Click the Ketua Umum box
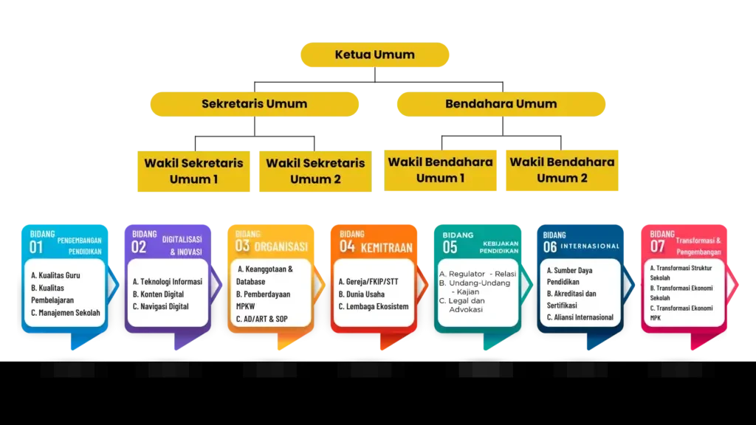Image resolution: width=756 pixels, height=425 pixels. [375, 55]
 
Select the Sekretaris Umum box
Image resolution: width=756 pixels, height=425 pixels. [254, 104]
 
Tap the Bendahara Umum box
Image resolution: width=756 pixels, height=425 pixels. [501, 104]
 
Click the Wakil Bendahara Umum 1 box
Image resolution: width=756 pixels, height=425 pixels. [441, 170]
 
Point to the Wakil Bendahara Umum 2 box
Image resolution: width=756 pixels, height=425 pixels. [563, 170]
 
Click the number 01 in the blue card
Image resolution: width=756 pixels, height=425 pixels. [36, 247]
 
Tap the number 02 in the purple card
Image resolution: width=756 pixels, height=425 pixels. [139, 247]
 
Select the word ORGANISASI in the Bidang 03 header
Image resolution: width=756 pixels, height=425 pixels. [281, 246]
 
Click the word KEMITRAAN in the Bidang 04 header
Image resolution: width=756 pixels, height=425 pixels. [386, 247]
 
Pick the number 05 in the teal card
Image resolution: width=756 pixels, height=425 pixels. [450, 247]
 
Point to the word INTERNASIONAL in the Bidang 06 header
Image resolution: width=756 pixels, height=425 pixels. [590, 246]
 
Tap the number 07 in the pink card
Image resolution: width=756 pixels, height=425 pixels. [657, 246]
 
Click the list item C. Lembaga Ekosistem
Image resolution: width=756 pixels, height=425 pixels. [373, 306]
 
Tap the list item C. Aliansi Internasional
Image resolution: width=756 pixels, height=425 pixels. [580, 317]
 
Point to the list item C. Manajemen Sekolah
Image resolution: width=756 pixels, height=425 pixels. [65, 312]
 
